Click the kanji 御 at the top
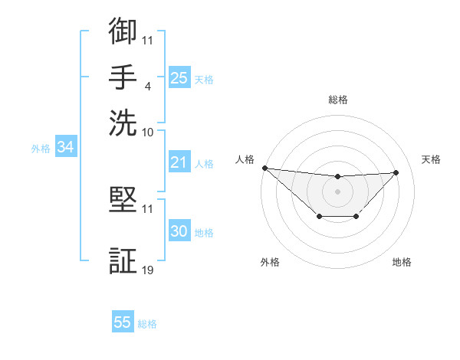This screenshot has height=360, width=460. point(123,31)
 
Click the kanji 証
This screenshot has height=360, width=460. point(123,260)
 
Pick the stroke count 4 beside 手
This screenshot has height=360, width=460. point(148,85)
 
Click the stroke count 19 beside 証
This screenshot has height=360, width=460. point(148,270)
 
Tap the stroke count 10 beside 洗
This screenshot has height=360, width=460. point(148,132)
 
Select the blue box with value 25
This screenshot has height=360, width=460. point(179,77)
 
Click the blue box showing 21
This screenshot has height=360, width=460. point(179,162)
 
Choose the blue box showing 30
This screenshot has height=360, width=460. point(179,231)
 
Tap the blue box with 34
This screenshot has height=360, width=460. point(65,147)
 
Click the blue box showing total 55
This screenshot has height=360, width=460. point(123,322)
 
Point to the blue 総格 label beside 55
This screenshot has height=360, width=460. point(147,324)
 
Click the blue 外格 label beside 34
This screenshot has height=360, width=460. point(41,149)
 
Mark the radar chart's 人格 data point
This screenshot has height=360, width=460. point(264,168)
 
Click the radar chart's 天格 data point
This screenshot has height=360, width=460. point(396,172)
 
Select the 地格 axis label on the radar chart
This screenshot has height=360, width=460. point(402,262)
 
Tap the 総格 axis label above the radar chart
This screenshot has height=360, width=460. point(338,100)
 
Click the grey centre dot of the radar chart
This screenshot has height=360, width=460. point(338,191)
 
